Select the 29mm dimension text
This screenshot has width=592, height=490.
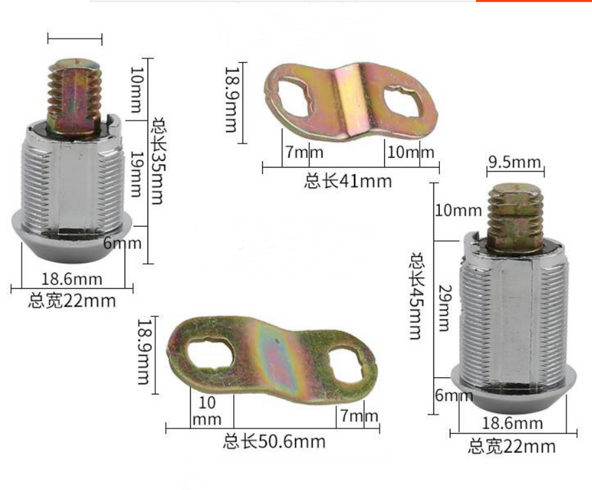click(x=443, y=308)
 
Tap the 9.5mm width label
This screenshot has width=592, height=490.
click(x=515, y=163)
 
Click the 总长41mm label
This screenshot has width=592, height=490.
click(x=348, y=182)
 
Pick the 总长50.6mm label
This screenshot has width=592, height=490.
click(x=274, y=442)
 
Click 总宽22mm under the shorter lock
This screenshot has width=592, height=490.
click(x=72, y=301)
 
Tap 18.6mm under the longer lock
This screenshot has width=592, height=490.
click(x=512, y=423)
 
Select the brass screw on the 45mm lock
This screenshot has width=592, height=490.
click(x=515, y=215)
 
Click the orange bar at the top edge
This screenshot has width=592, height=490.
click(x=533, y=1)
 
